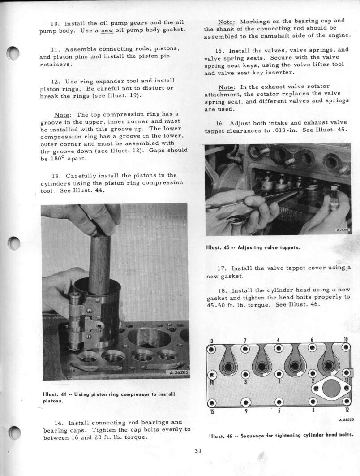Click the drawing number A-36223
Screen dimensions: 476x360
tap(346, 420)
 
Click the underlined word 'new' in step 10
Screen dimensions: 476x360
tap(107, 30)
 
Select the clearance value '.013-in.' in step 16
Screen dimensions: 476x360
tap(285, 130)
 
